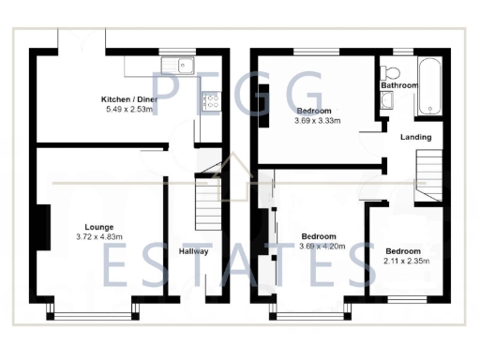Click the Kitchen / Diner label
(x=131, y=98)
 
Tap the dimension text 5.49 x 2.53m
(x=131, y=109)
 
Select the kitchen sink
(x=175, y=65)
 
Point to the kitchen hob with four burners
(x=211, y=98)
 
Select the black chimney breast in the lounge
(x=42, y=226)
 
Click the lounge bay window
(x=96, y=309)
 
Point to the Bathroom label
(x=398, y=85)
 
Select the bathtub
(x=431, y=87)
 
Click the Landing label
(x=415, y=137)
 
